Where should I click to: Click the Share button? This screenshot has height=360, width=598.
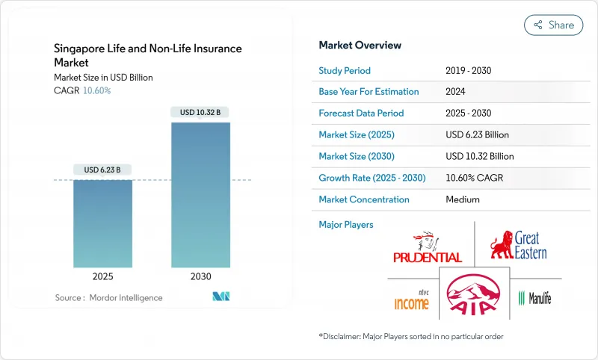(553, 25)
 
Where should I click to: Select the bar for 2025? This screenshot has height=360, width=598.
(102, 224)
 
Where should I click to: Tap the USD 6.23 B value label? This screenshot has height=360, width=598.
(102, 170)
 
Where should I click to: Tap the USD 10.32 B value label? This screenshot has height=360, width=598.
(200, 112)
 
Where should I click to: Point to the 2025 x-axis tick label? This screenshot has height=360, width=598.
(102, 276)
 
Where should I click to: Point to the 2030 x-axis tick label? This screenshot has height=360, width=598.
(200, 276)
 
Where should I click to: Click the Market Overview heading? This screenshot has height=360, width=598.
(360, 46)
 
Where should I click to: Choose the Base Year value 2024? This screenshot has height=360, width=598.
(456, 92)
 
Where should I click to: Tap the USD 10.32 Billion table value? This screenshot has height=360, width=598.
(479, 157)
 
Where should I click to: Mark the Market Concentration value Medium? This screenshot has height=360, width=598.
(462, 199)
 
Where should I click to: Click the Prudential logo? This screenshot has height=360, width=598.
(428, 249)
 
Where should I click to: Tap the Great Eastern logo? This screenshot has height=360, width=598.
(518, 246)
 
